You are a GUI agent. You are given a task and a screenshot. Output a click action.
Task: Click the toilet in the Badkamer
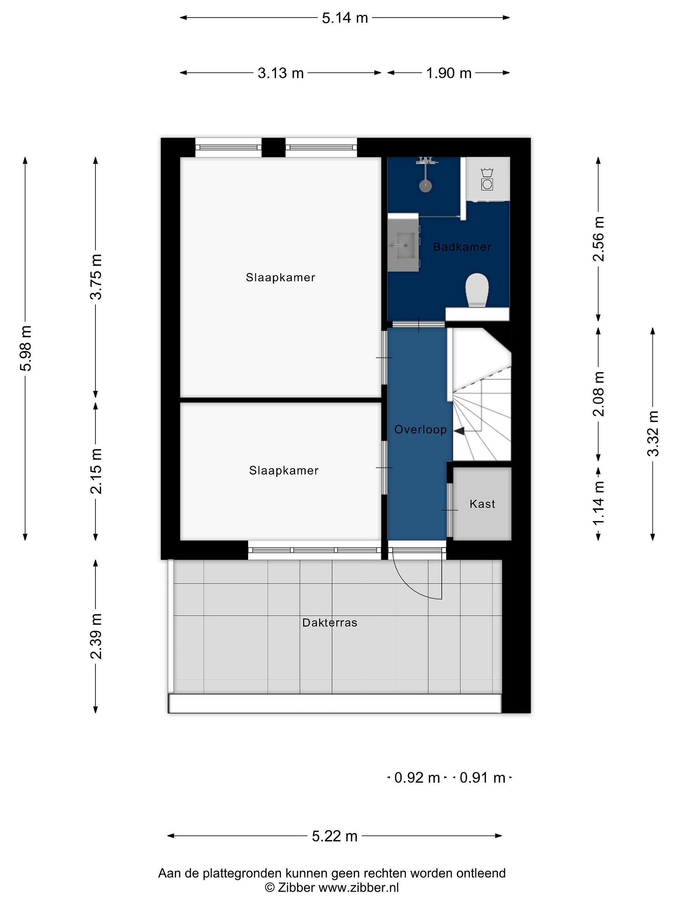[x=477, y=290]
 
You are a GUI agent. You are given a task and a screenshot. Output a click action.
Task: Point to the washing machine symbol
[x=487, y=180]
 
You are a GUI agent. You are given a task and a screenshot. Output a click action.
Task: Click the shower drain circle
[x=425, y=186]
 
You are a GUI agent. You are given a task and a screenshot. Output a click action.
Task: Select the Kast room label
[x=482, y=504]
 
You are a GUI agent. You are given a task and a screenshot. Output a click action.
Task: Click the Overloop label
[x=420, y=429]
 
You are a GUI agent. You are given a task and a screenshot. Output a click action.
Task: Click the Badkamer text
[x=462, y=247]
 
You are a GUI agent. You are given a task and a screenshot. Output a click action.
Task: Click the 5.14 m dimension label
[x=345, y=18]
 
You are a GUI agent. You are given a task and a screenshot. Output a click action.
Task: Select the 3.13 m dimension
[x=280, y=73]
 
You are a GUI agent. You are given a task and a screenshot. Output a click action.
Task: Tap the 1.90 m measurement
[x=449, y=73]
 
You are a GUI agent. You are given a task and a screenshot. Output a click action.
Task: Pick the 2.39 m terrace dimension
[x=96, y=636]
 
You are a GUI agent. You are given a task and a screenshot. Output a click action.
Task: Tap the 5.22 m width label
[x=334, y=836]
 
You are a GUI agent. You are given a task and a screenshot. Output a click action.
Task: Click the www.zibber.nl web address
[x=358, y=887]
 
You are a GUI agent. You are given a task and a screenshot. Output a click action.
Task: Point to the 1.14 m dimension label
[x=599, y=503]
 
